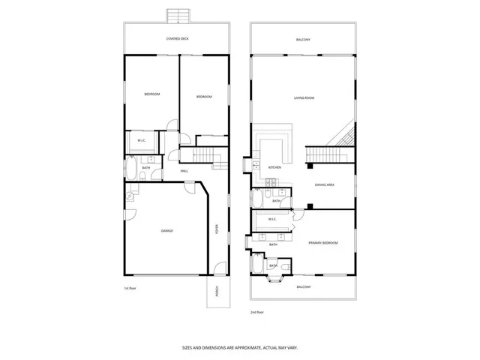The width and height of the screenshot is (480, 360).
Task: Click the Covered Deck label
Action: click(177, 38)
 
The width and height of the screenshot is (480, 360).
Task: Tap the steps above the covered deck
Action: click(178, 16)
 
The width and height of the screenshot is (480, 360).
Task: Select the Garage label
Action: click(166, 230)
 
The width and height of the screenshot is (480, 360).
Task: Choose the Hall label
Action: click(184, 171)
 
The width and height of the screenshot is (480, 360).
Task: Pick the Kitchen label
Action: click(275, 167)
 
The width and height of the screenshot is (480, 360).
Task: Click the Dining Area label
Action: click(324, 184)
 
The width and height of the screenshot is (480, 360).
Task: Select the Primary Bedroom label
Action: click(323, 243)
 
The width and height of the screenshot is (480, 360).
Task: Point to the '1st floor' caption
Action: click(130, 288)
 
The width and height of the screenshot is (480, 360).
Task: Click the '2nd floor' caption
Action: click(257, 311)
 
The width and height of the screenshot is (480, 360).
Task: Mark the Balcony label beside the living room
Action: click(303, 39)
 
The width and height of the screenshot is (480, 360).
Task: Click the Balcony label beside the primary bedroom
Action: click(303, 287)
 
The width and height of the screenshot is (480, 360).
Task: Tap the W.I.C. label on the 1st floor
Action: click(141, 141)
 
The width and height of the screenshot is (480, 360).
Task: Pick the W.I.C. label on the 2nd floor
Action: click(273, 220)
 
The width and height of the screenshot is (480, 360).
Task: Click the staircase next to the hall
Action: click(198, 154)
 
